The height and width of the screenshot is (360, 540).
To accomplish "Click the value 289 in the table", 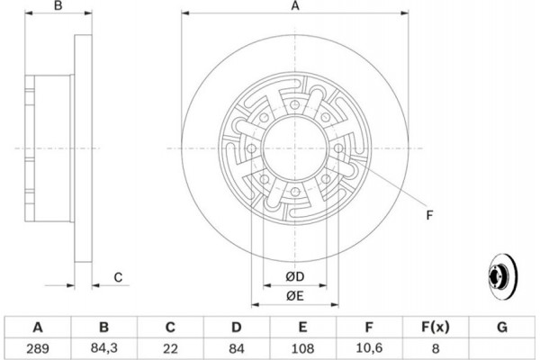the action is (38, 348).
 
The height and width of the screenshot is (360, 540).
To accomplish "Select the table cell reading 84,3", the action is (104, 348).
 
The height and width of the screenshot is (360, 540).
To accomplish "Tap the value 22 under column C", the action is (170, 348).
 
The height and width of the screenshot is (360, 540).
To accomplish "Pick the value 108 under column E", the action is (302, 348).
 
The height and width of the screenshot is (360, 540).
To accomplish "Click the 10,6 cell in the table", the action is (369, 348).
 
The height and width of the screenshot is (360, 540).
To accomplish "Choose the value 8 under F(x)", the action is (436, 348).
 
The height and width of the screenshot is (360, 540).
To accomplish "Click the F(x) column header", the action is (436, 327).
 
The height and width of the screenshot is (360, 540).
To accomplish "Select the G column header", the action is (502, 327).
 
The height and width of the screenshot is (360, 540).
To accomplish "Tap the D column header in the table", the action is (236, 327).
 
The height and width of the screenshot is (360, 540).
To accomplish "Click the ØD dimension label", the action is (295, 276).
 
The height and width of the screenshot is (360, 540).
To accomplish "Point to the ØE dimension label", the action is (295, 296).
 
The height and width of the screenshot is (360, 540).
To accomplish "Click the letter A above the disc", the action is (295, 6).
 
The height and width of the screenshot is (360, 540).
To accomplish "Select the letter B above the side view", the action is (58, 6).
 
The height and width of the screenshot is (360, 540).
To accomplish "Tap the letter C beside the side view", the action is (118, 277).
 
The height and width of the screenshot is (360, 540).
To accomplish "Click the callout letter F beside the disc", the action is (429, 215).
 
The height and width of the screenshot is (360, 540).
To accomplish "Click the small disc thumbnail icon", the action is (503, 276).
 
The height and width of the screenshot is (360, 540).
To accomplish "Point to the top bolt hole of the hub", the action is (294, 104).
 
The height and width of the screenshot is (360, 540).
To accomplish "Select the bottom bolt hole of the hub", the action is (295, 192).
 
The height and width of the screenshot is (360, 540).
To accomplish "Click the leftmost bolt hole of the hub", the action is (252, 148).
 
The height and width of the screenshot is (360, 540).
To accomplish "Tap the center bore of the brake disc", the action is (294, 148).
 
